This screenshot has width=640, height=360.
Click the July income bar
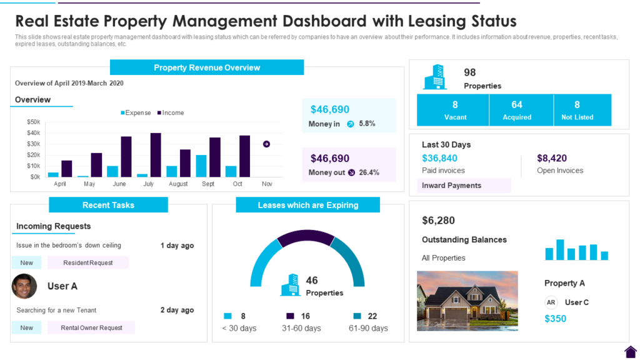click(156, 155)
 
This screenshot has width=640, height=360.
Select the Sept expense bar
click(201, 166)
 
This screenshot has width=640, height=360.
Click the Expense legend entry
click(136, 113)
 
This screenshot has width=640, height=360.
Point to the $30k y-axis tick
click(33, 144)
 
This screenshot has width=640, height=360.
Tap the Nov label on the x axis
click(267, 184)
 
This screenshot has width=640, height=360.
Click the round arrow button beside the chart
click(267, 144)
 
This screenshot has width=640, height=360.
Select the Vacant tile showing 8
click(455, 110)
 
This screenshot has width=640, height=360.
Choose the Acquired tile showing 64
click(517, 110)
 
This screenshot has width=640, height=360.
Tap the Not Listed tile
click(577, 110)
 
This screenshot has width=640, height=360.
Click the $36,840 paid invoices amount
click(439, 158)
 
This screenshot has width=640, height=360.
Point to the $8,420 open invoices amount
click(552, 158)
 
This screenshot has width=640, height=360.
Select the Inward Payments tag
click(451, 186)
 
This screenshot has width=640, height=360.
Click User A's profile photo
click(24, 286)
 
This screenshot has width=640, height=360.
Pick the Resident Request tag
click(88, 263)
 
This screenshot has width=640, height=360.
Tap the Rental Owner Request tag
click(91, 327)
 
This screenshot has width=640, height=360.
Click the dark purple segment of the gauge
click(306, 237)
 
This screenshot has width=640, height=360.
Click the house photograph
click(467, 301)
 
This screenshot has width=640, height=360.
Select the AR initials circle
click(551, 302)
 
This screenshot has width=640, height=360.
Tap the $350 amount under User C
click(555, 319)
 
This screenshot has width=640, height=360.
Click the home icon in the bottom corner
click(630, 351)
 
